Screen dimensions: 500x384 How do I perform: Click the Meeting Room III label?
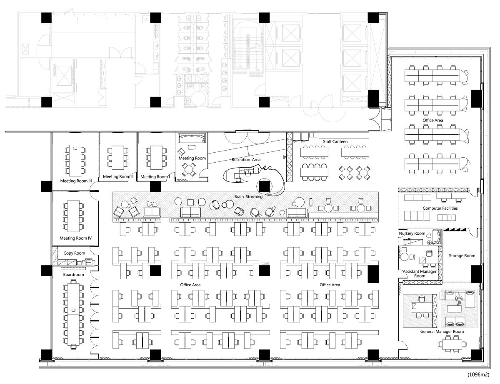click(76, 181)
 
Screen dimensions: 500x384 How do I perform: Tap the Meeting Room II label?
click(118, 177)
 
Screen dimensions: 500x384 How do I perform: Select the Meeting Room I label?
click(155, 177)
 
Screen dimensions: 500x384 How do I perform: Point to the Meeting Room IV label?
click(75, 238)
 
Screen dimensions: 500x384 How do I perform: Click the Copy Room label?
click(74, 253)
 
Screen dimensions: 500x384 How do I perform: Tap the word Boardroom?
click(73, 275)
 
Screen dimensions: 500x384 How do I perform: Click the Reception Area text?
click(246, 160)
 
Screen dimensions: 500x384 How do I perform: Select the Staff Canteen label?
click(335, 142)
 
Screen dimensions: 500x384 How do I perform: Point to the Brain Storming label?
click(248, 197)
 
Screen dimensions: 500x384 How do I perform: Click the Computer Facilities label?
click(440, 208)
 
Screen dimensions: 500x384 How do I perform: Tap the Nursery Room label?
click(412, 233)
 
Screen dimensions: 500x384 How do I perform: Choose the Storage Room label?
click(462, 255)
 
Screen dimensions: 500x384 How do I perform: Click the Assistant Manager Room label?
click(420, 273)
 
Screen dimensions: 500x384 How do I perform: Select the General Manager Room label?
click(442, 332)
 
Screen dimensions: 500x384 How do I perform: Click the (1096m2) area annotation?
click(478, 374)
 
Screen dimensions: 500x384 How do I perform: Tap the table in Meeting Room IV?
click(73, 216)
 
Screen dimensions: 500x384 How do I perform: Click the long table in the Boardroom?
click(73, 315)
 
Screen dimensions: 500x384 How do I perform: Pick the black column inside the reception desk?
click(264, 186)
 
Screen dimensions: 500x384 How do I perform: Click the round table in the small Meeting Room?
click(189, 170)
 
